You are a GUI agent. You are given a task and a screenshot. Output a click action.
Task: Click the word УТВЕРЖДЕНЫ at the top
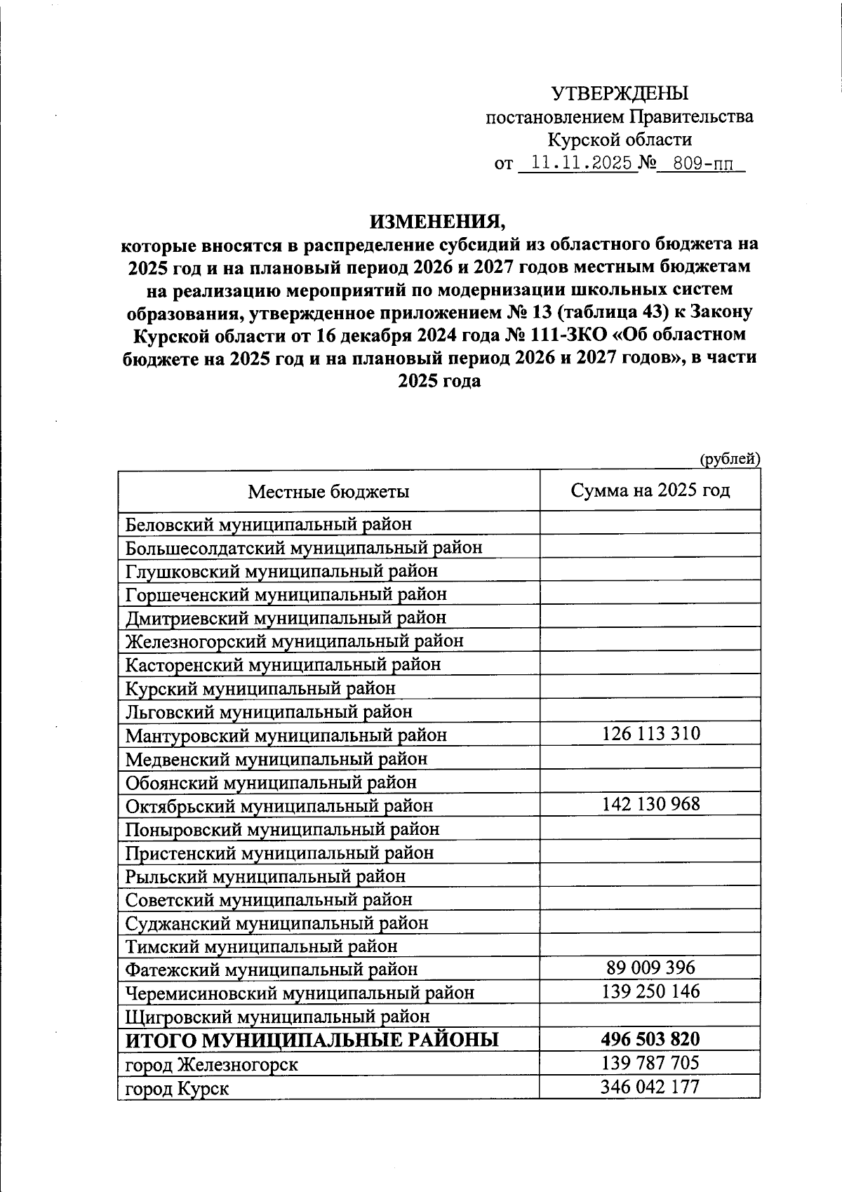(x=619, y=93)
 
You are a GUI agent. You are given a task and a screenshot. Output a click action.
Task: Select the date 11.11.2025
(x=582, y=163)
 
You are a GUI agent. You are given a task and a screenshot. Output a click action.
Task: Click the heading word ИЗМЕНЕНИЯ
(x=438, y=221)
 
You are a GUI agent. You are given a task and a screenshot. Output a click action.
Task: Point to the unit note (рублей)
(x=730, y=459)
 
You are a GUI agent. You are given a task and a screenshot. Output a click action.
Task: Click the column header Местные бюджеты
(x=328, y=491)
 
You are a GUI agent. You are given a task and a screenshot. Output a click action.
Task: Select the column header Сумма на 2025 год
(x=650, y=490)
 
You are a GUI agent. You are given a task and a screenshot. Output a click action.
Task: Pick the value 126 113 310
(x=650, y=734)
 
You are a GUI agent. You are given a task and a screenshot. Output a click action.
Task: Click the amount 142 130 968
(x=650, y=804)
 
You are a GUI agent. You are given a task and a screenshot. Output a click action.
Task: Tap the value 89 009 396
(x=650, y=968)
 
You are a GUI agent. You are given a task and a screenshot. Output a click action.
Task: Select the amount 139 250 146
(x=650, y=991)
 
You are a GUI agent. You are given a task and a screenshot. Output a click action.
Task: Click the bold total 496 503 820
(x=650, y=1039)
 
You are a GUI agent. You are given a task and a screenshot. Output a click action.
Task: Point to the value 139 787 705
(x=650, y=1063)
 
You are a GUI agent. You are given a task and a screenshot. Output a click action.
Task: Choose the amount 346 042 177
(x=650, y=1087)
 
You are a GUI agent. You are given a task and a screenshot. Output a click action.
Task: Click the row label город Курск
(x=177, y=1089)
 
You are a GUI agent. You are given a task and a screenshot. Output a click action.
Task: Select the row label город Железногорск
(x=211, y=1065)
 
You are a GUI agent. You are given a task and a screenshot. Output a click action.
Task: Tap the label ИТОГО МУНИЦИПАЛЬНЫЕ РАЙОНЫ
(x=312, y=1040)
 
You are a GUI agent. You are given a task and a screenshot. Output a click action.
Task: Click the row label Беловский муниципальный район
(x=268, y=524)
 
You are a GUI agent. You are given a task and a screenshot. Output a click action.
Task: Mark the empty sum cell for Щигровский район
(x=650, y=1015)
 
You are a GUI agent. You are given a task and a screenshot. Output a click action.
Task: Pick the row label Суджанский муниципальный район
(x=276, y=923)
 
